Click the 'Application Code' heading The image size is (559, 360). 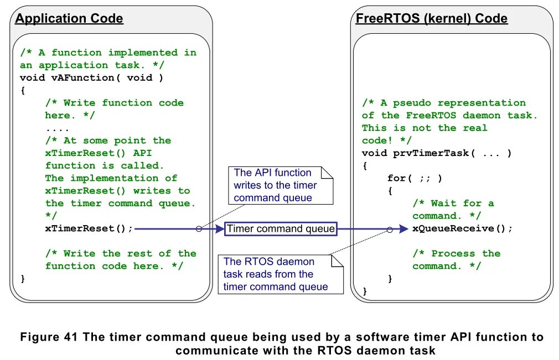click(x=69, y=19)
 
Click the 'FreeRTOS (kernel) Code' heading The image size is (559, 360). click(x=432, y=19)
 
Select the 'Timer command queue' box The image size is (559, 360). click(x=281, y=228)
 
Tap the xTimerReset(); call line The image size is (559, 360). click(x=89, y=228)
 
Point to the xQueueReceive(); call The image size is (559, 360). click(x=463, y=228)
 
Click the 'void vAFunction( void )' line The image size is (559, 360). click(x=92, y=77)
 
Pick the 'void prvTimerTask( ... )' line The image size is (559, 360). click(x=437, y=153)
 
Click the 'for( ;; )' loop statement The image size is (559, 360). click(x=415, y=178)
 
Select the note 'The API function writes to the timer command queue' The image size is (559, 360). click(x=280, y=185)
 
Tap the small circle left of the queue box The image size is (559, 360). click(x=199, y=228)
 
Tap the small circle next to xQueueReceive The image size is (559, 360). click(x=390, y=229)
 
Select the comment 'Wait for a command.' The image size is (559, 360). click(x=453, y=210)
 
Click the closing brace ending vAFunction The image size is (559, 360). click(x=23, y=279)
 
